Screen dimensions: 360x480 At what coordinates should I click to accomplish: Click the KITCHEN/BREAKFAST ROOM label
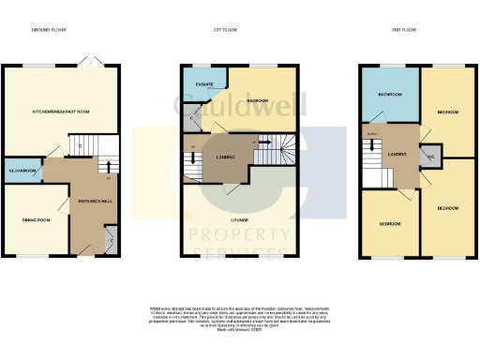[x=60, y=112]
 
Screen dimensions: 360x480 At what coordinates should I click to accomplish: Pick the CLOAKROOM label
[x=22, y=171]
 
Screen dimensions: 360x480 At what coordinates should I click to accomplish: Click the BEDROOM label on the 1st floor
[x=257, y=99]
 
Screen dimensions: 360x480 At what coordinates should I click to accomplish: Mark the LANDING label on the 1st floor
[x=225, y=157]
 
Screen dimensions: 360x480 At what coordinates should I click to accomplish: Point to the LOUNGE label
[x=239, y=219]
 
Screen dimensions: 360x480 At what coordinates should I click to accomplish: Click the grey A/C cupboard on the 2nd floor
[x=430, y=156]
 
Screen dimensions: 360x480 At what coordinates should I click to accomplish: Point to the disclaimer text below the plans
[x=239, y=319]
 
